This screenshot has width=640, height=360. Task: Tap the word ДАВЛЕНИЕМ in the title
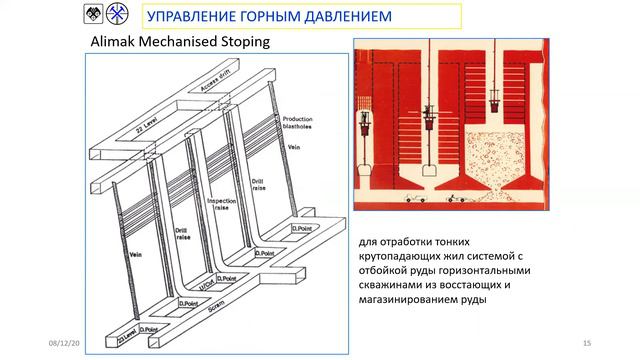pyautogui.click(x=339, y=17)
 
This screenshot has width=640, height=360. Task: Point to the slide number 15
pyautogui.click(x=587, y=343)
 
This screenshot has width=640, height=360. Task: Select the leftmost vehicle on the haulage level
pyautogui.click(x=410, y=199)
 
